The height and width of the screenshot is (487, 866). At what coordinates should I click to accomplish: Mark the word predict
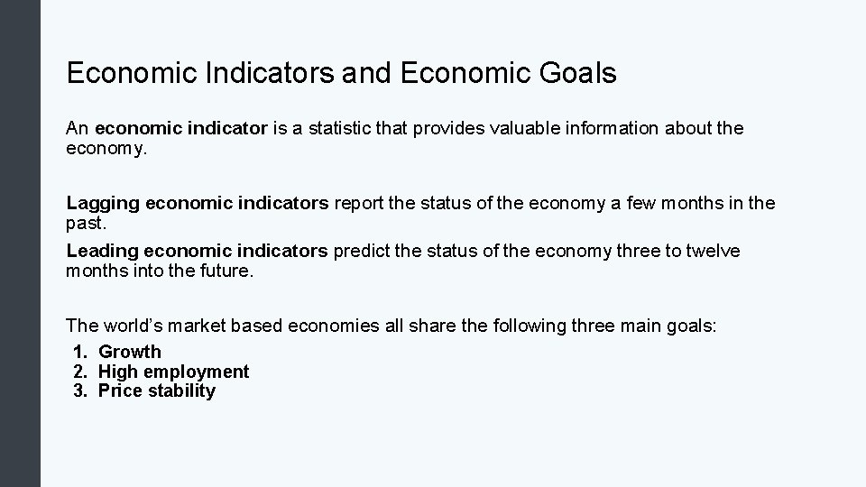point(360,250)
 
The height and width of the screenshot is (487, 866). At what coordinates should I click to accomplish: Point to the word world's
point(134,326)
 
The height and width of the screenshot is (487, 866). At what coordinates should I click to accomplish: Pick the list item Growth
point(130,352)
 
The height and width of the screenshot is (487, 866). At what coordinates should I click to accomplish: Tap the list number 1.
point(80,352)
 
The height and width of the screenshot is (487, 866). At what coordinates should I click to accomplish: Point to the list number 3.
point(80,391)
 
